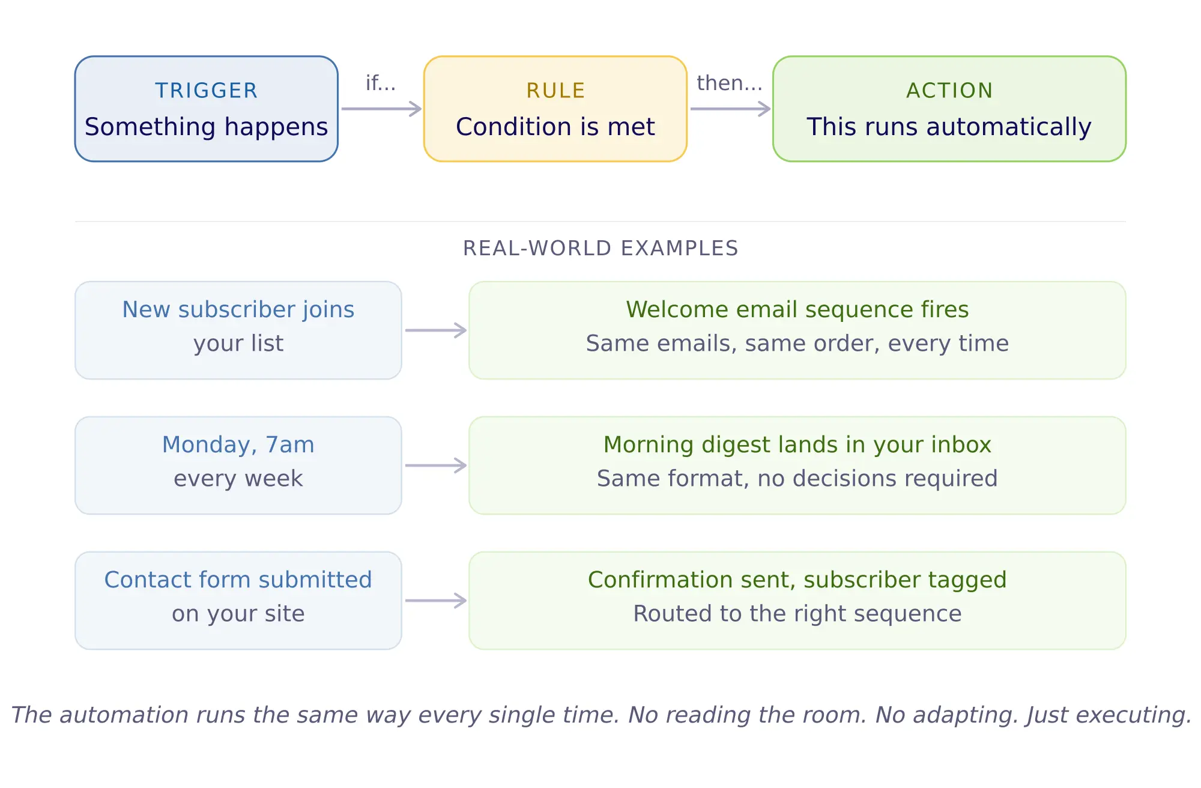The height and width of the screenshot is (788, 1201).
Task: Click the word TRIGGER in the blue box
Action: coord(206,91)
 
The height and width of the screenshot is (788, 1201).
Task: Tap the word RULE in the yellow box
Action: coord(555,91)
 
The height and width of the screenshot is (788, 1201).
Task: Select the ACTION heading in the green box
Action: coord(949,91)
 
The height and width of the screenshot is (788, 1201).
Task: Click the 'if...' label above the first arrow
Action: coord(381,83)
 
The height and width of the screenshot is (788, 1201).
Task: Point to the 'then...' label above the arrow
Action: coord(729,83)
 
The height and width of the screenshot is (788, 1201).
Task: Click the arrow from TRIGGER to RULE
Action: coord(381,109)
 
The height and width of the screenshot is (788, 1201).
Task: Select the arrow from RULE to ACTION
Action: coord(730,109)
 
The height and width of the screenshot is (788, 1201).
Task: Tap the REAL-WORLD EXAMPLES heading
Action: coord(600,248)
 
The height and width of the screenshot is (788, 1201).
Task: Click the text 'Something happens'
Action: coord(206,127)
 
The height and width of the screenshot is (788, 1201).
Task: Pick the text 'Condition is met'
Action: coord(555,127)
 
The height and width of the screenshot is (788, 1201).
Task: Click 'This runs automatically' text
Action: coord(949,127)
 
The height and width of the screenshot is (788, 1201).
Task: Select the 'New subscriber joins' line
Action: coord(238,309)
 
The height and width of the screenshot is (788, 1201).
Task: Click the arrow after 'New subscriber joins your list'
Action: coord(436,330)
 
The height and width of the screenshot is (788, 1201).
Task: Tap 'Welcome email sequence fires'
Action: coord(797,309)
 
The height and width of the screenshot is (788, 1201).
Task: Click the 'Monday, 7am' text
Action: coord(238,444)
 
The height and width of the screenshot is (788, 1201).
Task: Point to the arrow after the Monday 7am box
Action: coord(436,465)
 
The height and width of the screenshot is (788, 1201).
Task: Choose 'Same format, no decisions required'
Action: coord(797,479)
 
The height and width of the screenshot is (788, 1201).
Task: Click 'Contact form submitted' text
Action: coord(238,580)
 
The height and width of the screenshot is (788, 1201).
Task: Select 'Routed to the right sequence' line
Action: coord(797,614)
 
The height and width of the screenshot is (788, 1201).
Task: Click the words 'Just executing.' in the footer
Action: coord(1109,715)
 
